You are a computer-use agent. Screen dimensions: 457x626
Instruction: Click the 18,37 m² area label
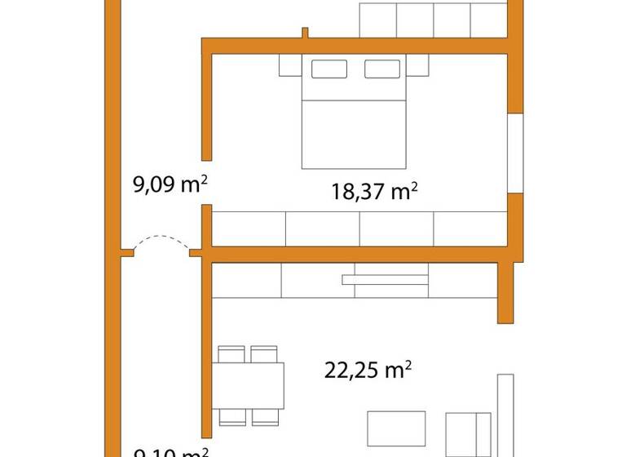(x=374, y=192)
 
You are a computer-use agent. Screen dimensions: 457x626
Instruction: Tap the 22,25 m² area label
(x=368, y=371)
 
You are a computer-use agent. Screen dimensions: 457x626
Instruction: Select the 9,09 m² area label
(x=169, y=185)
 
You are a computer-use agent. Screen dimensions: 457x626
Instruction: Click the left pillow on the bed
(x=329, y=69)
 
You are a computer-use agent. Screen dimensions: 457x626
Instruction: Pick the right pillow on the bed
(x=381, y=69)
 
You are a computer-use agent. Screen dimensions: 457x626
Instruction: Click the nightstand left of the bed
(x=291, y=64)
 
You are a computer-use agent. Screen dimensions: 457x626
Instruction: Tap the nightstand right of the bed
(x=417, y=64)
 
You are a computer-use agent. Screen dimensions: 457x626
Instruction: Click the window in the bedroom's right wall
(x=514, y=153)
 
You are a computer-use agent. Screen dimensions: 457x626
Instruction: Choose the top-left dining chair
(x=232, y=354)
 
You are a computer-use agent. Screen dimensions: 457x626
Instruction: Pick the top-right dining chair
(x=264, y=354)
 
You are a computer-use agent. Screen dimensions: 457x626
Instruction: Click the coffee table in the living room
(x=396, y=428)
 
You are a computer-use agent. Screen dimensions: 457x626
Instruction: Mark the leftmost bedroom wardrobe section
(x=249, y=228)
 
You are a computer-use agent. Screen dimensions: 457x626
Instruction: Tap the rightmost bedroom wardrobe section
(x=470, y=228)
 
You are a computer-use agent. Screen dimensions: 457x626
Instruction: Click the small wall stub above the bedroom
(x=305, y=33)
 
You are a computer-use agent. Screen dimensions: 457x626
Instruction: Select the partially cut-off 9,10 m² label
(x=170, y=451)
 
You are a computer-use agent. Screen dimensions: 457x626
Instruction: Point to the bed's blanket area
(x=354, y=135)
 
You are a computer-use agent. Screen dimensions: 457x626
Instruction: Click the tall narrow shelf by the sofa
(x=505, y=412)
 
